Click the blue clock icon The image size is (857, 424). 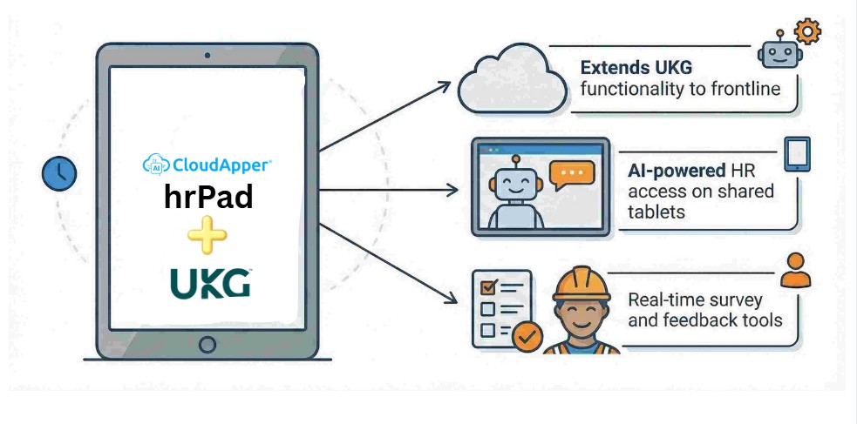pyautogui.click(x=59, y=173)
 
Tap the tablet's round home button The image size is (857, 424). pyautogui.click(x=207, y=344)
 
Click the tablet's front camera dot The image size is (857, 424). pyautogui.click(x=207, y=56)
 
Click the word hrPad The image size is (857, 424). pyautogui.click(x=208, y=198)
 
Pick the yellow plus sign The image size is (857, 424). pyautogui.click(x=207, y=235)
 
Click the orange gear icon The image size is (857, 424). pyautogui.click(x=808, y=33)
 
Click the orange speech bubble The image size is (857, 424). pyautogui.click(x=573, y=173)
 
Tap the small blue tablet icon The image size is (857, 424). pyautogui.click(x=797, y=154)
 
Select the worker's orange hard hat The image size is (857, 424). pyautogui.click(x=582, y=283)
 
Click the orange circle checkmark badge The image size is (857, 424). pyautogui.click(x=527, y=336)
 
